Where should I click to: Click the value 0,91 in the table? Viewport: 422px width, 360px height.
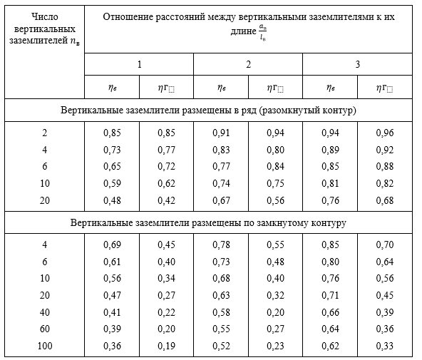pos(221,133)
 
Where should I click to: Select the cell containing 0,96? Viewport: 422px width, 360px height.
pos(385,133)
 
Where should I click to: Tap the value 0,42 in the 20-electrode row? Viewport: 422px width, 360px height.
pos(166,200)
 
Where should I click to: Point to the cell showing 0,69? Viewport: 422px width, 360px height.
pos(112,245)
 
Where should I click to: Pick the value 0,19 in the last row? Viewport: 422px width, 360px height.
pos(166,346)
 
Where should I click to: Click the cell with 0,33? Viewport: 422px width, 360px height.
pos(385,346)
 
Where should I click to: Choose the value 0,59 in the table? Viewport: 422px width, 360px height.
pos(112,183)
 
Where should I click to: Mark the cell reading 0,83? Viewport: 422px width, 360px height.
pos(221,150)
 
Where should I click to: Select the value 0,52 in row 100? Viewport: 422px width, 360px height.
pos(221,346)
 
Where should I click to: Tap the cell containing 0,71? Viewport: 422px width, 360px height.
pos(330,295)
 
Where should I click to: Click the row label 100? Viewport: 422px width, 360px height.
pos(45,346)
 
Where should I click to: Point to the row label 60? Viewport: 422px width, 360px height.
pos(45,329)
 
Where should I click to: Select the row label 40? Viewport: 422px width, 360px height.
pos(45,312)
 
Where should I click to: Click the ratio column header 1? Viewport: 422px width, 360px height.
pos(139,64)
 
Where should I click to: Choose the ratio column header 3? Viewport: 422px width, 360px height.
pos(357,64)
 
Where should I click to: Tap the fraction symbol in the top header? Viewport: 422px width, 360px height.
pos(262,32)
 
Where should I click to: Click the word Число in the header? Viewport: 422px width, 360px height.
pos(45,16)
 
